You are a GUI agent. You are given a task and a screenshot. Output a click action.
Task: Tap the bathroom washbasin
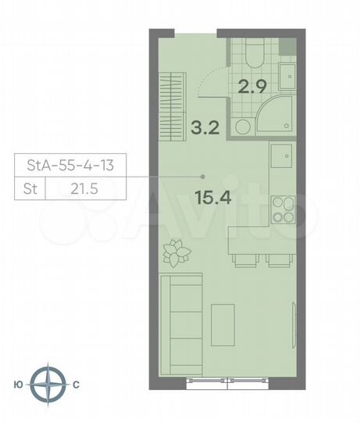(x=287, y=76)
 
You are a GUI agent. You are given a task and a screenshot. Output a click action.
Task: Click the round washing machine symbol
(x=243, y=127)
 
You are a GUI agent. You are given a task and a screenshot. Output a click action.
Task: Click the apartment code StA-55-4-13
(x=70, y=166)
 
